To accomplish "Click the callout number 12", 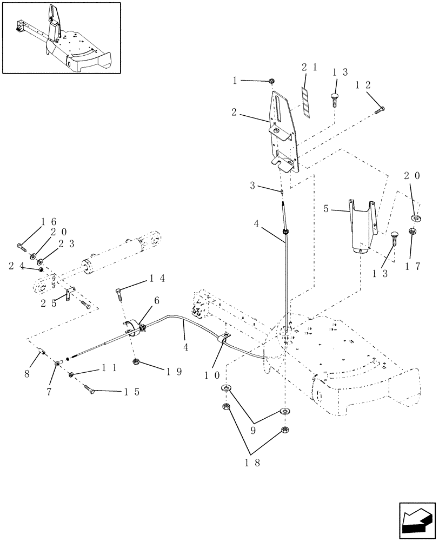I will pyautogui.click(x=363, y=85).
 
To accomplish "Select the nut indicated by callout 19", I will pyautogui.click(x=135, y=362).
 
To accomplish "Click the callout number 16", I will pyautogui.click(x=49, y=222).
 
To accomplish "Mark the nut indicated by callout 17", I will pyautogui.click(x=413, y=232).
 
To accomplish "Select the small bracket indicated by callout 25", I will pyautogui.click(x=68, y=295).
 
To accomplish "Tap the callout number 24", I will pyautogui.click(x=16, y=266).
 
